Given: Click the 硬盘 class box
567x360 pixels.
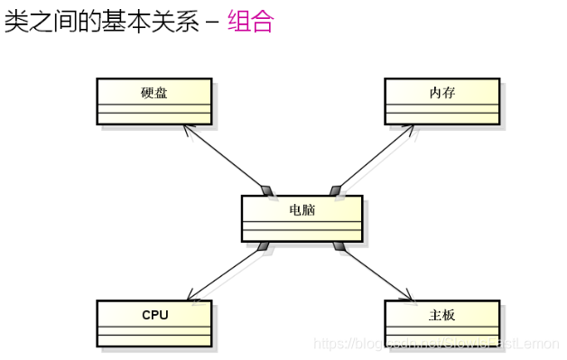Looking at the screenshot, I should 153,100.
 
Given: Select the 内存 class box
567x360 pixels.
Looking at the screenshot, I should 442,100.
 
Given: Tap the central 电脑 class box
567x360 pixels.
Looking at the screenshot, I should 302,217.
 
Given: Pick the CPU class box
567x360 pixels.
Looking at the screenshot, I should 153,323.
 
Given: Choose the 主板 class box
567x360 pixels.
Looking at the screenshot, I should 442,323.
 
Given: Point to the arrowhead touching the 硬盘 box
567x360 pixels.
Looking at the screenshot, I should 187,129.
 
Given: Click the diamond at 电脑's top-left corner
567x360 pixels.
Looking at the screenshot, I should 266,189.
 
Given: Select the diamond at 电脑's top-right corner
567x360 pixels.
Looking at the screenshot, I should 337,189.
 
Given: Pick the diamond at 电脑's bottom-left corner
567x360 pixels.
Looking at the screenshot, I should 263,245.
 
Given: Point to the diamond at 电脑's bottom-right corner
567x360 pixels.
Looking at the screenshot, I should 339,245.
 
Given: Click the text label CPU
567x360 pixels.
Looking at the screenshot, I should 154,315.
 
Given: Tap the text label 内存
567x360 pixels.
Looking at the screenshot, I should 442,92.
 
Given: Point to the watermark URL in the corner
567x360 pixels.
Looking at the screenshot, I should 433,344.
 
